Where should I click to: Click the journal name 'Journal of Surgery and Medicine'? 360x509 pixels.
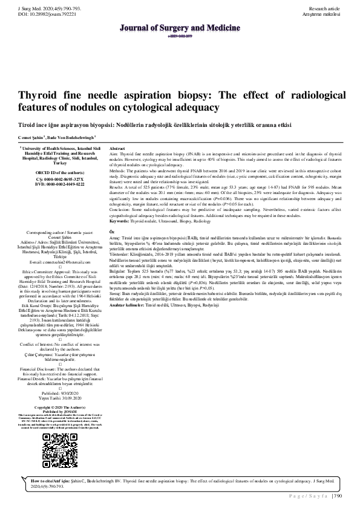pos(180,27)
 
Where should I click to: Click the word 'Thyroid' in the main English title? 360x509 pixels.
pos(43,96)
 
